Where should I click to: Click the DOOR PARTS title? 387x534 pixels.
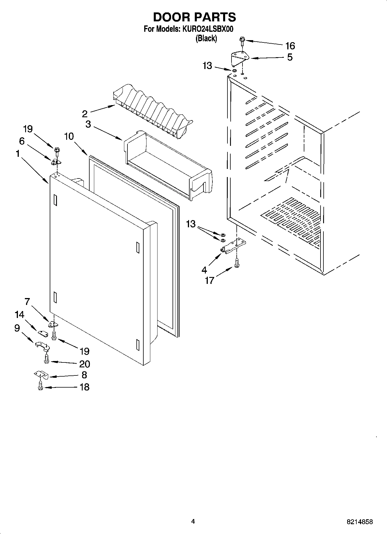pos(194,17)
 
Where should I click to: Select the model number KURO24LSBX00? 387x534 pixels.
pos(208,29)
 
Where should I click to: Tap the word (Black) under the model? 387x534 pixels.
pos(206,38)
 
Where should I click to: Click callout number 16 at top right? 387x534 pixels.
pos(290,46)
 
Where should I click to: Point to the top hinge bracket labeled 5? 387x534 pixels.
pos(240,59)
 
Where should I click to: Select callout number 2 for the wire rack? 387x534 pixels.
pos(84,114)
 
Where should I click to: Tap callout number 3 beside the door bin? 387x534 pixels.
pos(88,124)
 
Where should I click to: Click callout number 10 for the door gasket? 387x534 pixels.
pos(69,136)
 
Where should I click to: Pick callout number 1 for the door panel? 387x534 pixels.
pos(18,154)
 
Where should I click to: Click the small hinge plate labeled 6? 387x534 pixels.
pos(56,162)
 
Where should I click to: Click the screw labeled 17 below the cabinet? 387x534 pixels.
pos(237,263)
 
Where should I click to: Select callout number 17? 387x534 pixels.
pos(209,280)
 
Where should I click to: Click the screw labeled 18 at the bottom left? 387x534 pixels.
pos(40,386)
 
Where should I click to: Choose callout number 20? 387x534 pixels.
pos(84,364)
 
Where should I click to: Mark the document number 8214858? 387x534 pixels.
pos(360,522)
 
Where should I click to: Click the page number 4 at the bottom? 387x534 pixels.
pos(193,521)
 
